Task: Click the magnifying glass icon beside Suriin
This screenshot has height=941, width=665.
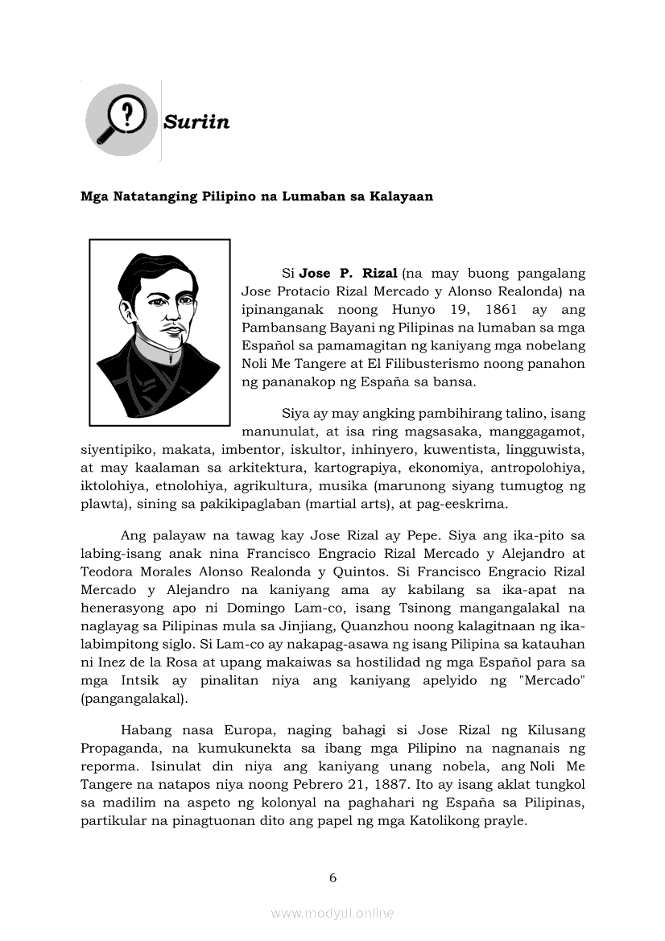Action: (x=122, y=122)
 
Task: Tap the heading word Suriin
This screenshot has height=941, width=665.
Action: (x=196, y=122)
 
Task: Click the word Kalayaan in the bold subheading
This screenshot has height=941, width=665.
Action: (x=400, y=196)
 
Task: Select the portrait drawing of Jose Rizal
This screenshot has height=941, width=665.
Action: (x=159, y=332)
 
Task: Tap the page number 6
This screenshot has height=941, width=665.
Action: (x=332, y=877)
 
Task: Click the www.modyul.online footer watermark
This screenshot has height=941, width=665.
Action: (x=332, y=913)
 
